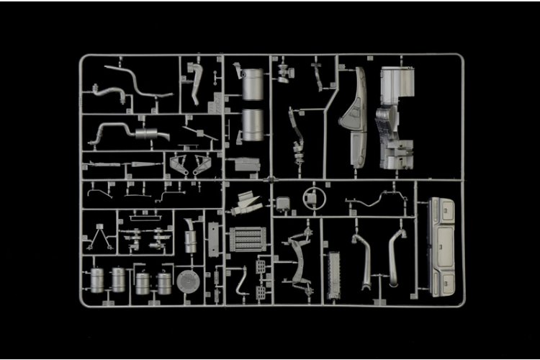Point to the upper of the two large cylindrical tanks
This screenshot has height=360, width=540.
252,85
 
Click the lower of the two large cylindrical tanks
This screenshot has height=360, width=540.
252,125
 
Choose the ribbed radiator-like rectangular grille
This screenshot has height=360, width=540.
247,239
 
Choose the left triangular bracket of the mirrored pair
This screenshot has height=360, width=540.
178,166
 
